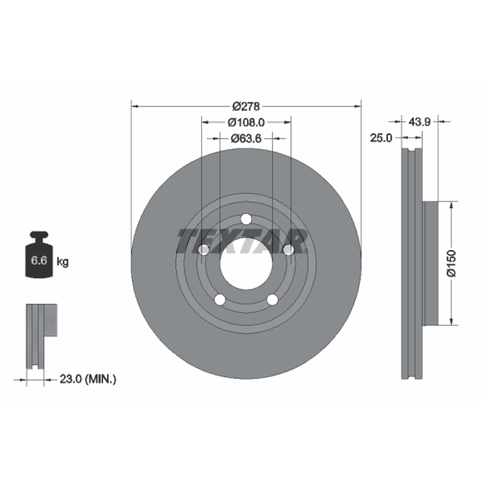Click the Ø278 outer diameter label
(246, 107)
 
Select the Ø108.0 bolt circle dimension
(246, 123)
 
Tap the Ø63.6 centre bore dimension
(246, 139)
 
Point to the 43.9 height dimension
(419, 122)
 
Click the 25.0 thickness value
(381, 138)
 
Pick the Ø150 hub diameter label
(451, 263)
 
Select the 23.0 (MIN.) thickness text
(88, 379)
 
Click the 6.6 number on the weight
(39, 261)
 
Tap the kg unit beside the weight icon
(63, 262)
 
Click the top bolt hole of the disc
(246, 219)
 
